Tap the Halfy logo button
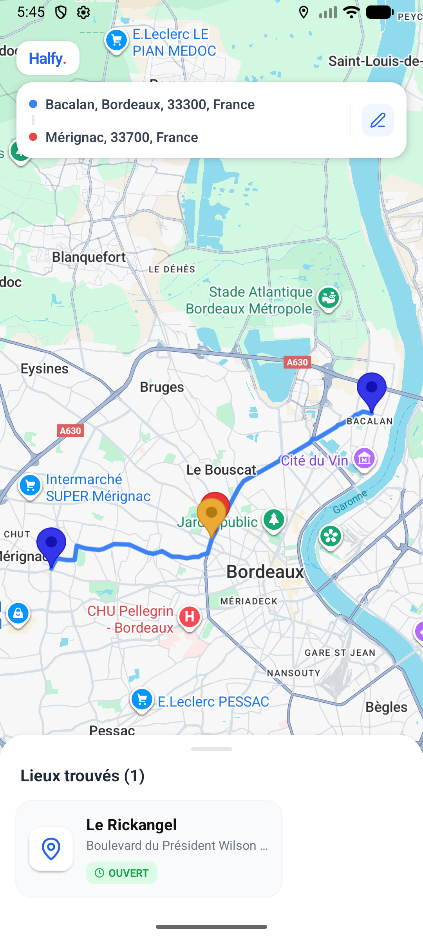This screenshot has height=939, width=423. (48, 58)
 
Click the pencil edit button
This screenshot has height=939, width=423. (378, 120)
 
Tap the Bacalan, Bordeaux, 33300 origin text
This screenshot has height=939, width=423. (150, 104)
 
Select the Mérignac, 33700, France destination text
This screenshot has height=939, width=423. (121, 137)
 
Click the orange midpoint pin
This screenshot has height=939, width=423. (211, 514)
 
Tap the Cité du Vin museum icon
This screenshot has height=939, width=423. (364, 459)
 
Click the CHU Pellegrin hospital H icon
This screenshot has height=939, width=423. (190, 617)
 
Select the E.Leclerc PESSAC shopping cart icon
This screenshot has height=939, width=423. (142, 700)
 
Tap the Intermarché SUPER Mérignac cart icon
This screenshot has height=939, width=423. (30, 486)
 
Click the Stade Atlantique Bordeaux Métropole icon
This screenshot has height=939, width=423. (328, 298)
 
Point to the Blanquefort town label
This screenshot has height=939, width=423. (89, 257)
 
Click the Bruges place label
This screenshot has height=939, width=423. (162, 387)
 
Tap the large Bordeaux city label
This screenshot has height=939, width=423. (265, 572)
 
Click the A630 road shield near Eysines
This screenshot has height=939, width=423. (70, 431)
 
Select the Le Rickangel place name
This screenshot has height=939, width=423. (131, 825)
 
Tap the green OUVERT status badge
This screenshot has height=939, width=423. (121, 873)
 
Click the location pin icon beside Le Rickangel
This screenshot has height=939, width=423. (51, 849)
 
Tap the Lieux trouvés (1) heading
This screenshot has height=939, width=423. (82, 776)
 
